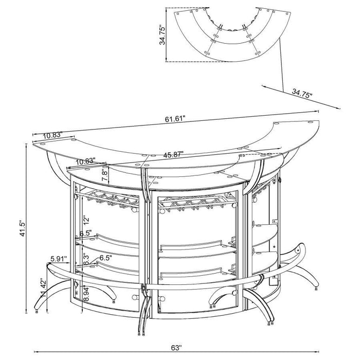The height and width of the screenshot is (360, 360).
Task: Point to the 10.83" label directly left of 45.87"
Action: pyautogui.click(x=86, y=161)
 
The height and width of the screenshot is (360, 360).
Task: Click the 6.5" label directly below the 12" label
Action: pyautogui.click(x=87, y=232)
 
